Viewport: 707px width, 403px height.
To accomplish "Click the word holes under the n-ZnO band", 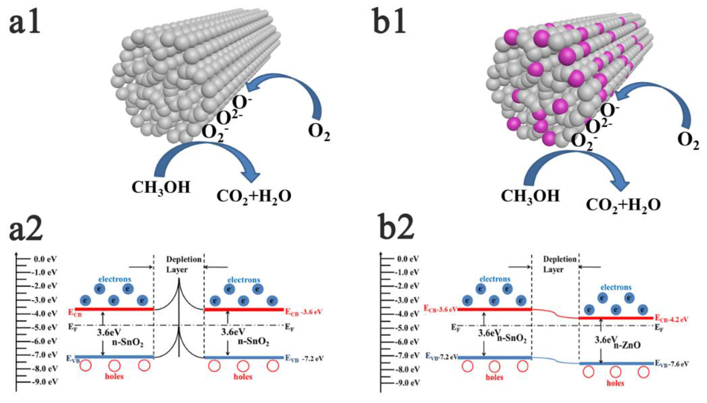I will click(x=615, y=383).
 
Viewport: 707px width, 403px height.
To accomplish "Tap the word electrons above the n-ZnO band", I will click(x=616, y=288).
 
